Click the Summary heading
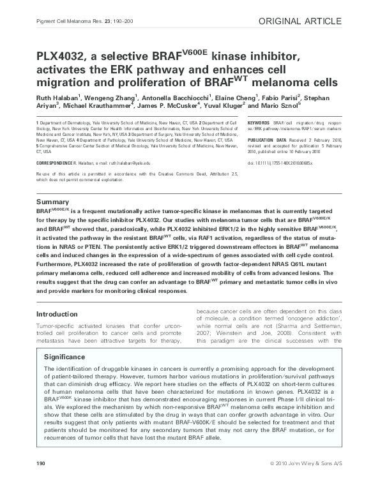(x=53, y=202)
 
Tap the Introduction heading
(x=57, y=314)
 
